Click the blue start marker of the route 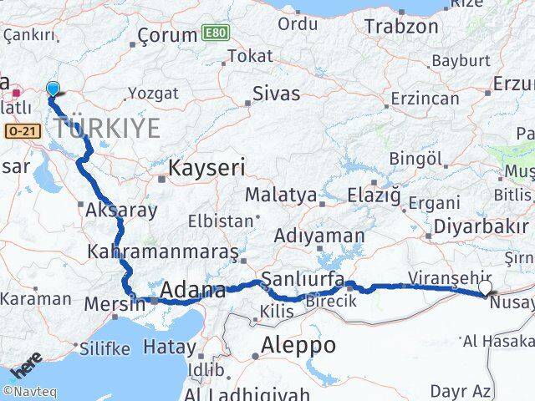click(53, 89)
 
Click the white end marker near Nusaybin click(485, 288)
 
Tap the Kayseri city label click(206, 168)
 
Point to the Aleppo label click(298, 344)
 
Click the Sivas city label click(276, 94)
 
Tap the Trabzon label click(400, 27)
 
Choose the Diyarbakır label click(481, 227)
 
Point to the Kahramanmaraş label click(164, 251)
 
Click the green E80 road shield click(212, 34)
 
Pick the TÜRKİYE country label click(107, 128)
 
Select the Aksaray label click(120, 210)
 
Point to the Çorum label click(166, 36)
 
